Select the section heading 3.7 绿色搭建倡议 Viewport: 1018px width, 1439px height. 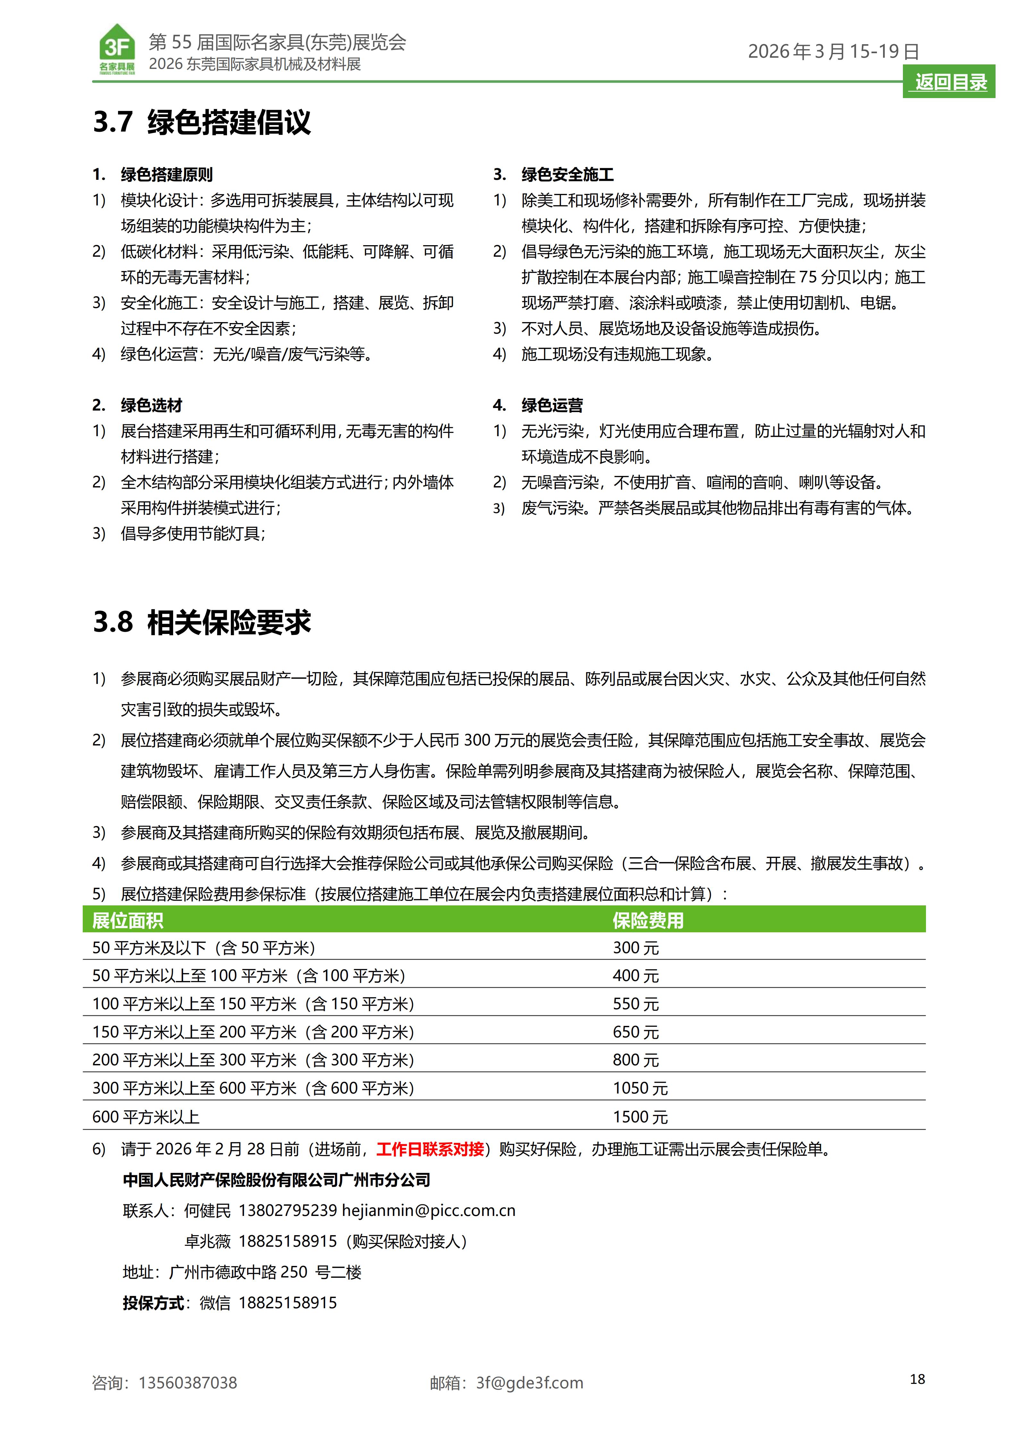[202, 121]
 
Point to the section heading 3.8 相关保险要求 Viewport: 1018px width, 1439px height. [202, 622]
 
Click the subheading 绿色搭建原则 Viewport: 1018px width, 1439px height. [167, 175]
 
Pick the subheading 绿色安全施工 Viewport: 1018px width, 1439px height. [567, 175]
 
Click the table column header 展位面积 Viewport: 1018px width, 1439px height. [128, 921]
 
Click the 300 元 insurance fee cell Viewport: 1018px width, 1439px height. [635, 948]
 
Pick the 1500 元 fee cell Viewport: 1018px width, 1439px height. [640, 1117]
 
